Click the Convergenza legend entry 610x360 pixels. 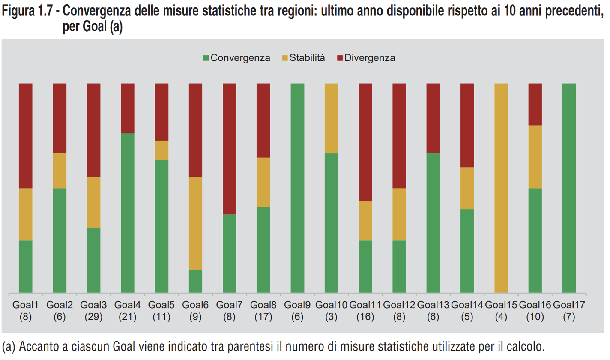[236, 58]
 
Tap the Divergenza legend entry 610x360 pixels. [366, 58]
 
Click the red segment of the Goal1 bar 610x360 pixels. [26, 135]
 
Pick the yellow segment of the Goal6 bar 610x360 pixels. [196, 223]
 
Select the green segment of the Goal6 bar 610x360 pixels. [196, 281]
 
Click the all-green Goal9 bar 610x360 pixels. [297, 188]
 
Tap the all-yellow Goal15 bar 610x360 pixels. [501, 188]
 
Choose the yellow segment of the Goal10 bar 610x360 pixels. [331, 118]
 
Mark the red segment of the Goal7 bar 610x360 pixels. [230, 148]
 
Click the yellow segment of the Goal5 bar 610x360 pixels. [161, 150]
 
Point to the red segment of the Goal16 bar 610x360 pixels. [535, 104]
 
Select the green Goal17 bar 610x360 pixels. [569, 188]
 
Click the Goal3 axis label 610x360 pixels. [94, 305]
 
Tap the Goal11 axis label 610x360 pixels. [365, 305]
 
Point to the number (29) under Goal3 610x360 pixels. [94, 317]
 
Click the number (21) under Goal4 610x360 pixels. [128, 317]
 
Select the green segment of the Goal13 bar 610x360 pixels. [433, 223]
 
